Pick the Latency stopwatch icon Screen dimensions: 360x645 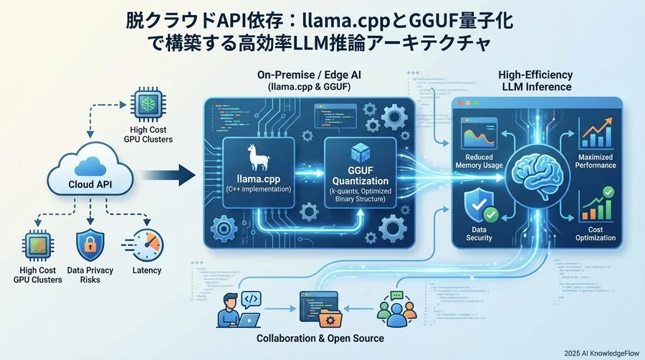147,244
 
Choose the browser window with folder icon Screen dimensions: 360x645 320,309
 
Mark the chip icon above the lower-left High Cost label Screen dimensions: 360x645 37,245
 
